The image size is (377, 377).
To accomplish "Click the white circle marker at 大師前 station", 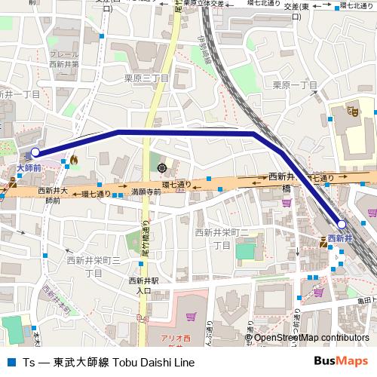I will [35, 152].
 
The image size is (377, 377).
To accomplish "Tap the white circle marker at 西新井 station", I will [342, 225].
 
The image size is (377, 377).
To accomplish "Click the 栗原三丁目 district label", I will [146, 78].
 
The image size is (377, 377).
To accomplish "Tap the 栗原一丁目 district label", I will [295, 84].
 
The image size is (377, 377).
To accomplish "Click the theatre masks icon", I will [352, 110].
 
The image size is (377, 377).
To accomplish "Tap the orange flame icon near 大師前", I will [75, 160].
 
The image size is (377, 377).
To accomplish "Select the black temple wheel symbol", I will [162, 167].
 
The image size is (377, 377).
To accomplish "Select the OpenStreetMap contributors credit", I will [311, 338].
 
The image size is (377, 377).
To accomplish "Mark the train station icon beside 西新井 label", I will [323, 239].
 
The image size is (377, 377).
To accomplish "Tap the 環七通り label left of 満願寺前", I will [97, 193].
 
